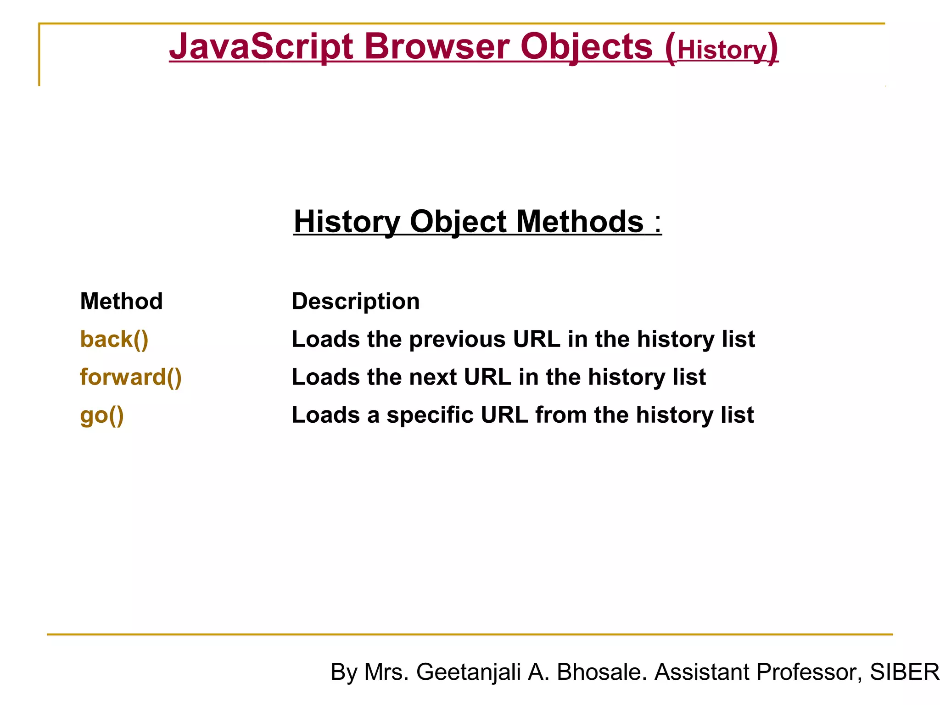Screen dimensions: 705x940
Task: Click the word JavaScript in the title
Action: coord(261,47)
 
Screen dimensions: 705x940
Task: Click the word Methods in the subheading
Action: coord(580,222)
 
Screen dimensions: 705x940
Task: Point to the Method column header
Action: coord(121,302)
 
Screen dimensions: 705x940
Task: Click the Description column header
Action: coord(356,302)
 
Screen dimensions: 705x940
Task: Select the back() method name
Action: coord(114,340)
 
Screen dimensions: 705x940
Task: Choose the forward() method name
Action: coord(131,377)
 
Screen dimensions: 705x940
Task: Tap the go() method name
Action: coord(102,415)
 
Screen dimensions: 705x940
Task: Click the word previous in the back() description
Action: coord(458,340)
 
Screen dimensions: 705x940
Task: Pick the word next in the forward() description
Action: coord(433,378)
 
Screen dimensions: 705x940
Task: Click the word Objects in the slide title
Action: coord(587,47)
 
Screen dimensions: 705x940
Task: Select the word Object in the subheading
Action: coord(458,222)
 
